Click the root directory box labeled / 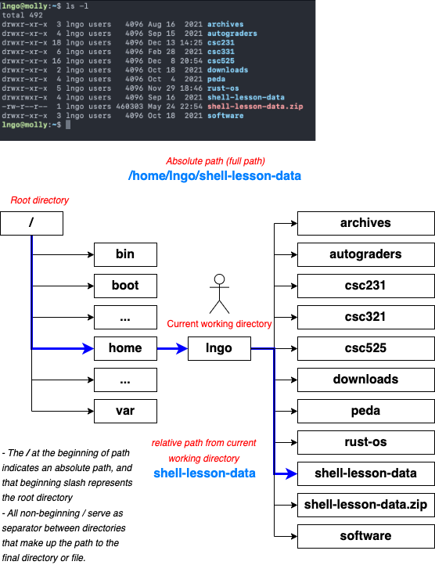click(31, 223)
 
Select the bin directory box click(125, 254)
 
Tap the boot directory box click(125, 286)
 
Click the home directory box click(125, 348)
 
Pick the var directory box click(125, 411)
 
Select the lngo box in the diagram click(220, 348)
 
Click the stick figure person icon click(220, 293)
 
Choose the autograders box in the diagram click(365, 254)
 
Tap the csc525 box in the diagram click(365, 348)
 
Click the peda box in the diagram click(365, 411)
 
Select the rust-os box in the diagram click(365, 442)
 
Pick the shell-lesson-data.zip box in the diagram click(365, 505)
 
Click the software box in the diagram click(365, 536)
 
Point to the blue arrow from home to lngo click(172, 348)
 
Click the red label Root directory click(39, 200)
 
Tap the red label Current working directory click(220, 323)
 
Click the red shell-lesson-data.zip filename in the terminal click(254, 106)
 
